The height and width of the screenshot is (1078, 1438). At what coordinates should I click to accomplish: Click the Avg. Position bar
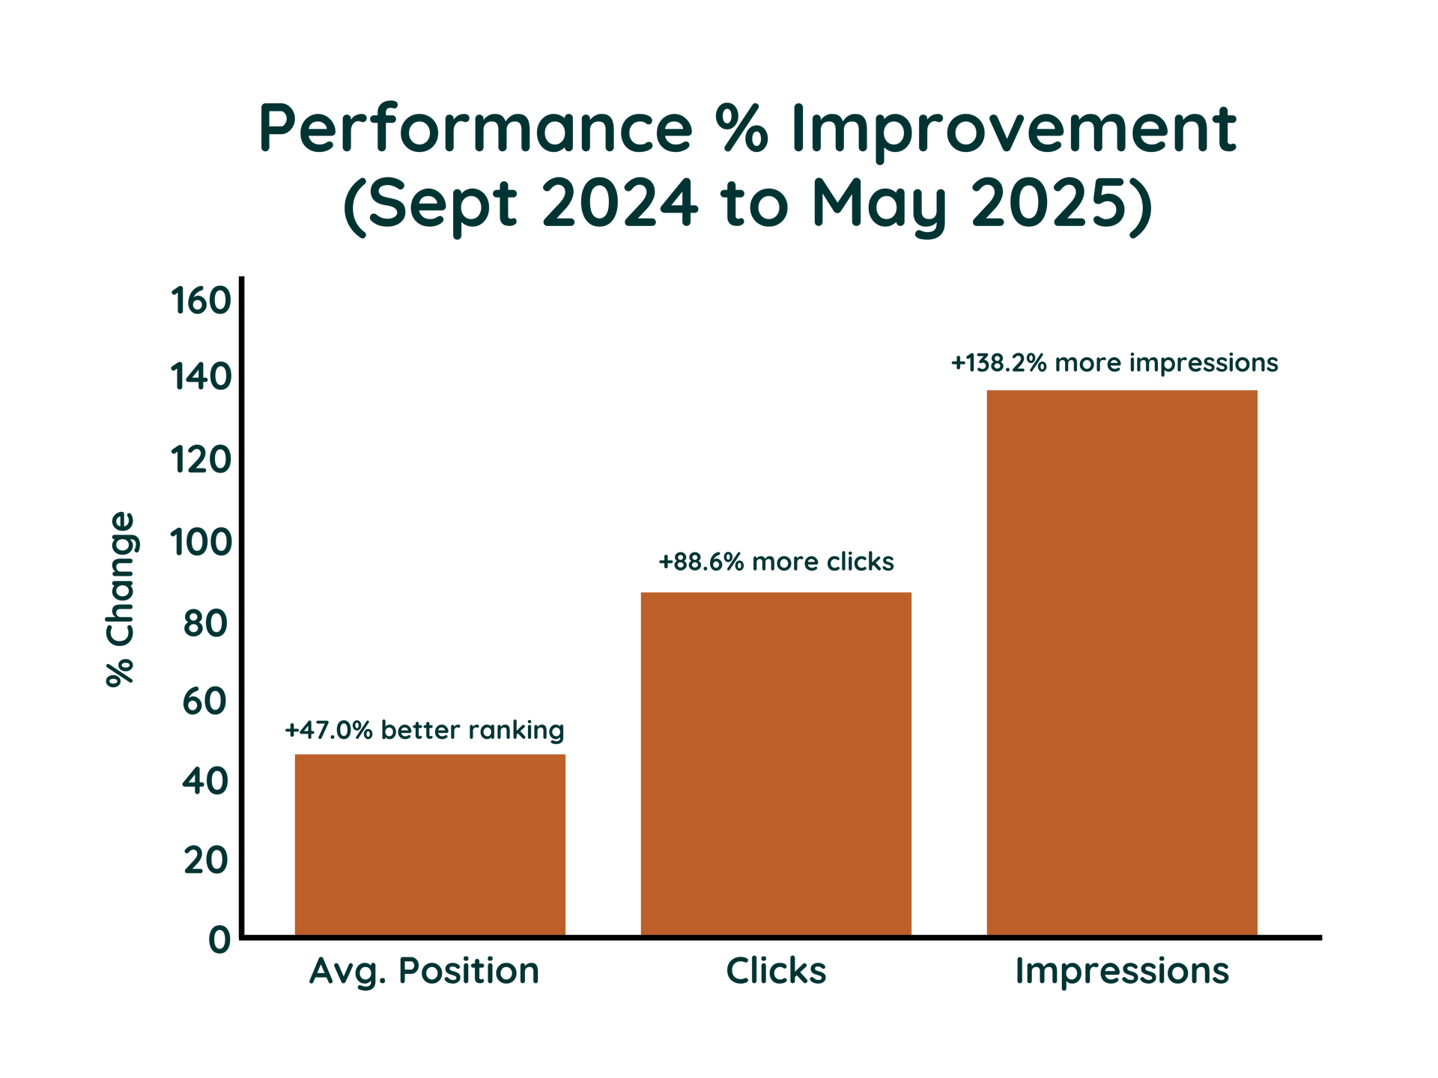(x=430, y=844)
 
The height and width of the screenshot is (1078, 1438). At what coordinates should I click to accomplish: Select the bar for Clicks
(x=776, y=764)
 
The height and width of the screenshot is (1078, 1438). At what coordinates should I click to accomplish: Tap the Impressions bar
(x=1122, y=663)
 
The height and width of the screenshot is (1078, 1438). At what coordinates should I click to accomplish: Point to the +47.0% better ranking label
(x=425, y=730)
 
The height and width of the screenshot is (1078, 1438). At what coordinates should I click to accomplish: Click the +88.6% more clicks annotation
(x=776, y=561)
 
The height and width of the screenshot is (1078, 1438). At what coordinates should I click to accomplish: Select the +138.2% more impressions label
(x=1114, y=363)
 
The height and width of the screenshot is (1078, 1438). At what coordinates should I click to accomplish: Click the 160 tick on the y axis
(x=200, y=301)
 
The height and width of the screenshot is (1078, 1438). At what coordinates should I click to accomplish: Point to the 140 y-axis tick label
(x=200, y=377)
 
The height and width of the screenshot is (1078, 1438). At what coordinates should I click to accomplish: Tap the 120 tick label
(x=200, y=460)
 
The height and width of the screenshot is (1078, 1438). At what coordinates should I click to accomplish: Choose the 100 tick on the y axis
(x=200, y=542)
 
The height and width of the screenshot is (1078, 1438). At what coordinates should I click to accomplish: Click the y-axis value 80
(x=206, y=623)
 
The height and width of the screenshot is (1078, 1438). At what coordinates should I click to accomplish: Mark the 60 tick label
(x=206, y=701)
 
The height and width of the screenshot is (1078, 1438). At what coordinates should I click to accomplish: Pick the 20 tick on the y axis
(x=206, y=861)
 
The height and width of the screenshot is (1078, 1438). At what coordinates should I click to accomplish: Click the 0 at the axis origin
(x=219, y=940)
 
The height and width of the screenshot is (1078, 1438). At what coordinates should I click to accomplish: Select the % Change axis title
(x=120, y=599)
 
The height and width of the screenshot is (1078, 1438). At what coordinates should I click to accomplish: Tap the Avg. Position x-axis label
(x=425, y=972)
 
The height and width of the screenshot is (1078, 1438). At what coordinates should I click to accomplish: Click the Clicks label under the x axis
(x=776, y=971)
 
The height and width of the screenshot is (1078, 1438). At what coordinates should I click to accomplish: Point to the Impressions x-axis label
(x=1122, y=972)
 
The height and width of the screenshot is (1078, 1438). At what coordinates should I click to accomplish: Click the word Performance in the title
(x=476, y=129)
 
